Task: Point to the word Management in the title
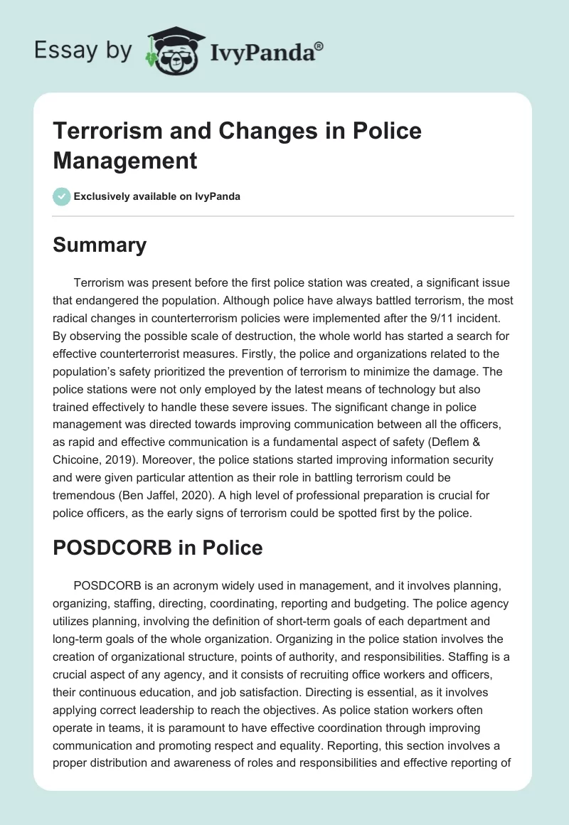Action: point(124,161)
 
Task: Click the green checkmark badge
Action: point(61,196)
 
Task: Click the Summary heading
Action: point(100,245)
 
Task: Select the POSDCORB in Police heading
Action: point(158,548)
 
